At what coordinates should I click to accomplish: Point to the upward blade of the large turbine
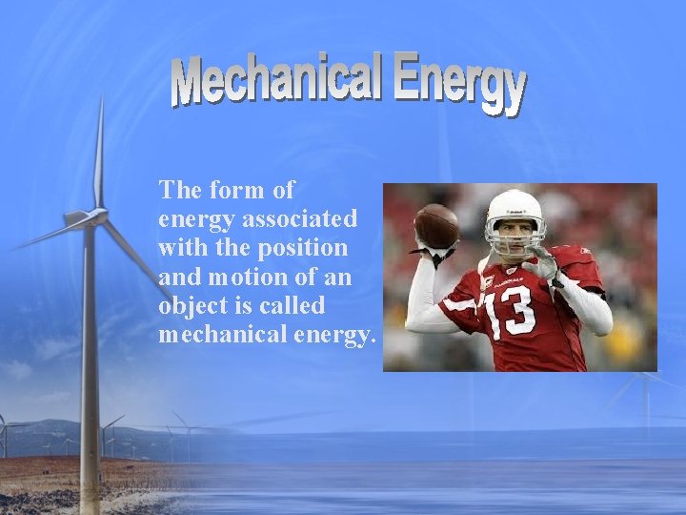point(98,153)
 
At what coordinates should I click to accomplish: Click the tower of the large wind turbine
point(90,362)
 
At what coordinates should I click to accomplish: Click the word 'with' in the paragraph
point(181,247)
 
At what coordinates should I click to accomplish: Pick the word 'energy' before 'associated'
point(197,218)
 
